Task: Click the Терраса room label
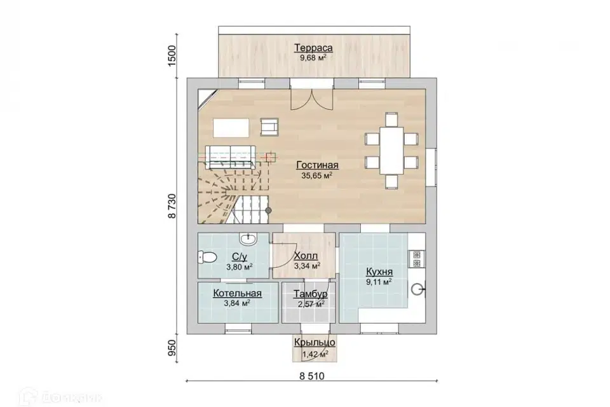coord(313,48)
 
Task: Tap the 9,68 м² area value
coord(313,58)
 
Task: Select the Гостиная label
coord(317,165)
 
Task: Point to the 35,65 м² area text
coord(316,176)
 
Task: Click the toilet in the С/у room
coord(207,257)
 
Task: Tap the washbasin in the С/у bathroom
coord(247,238)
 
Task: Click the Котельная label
coord(237,293)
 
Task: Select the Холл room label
coord(306,256)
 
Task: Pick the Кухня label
coord(379,272)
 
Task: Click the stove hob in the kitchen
coord(417,259)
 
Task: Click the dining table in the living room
coord(392,150)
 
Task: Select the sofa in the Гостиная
coord(230,156)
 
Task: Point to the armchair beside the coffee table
coord(269,127)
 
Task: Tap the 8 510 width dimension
coord(311,376)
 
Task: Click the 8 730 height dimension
coord(172,206)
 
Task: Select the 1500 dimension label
coord(172,56)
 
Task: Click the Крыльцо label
coord(315,342)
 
